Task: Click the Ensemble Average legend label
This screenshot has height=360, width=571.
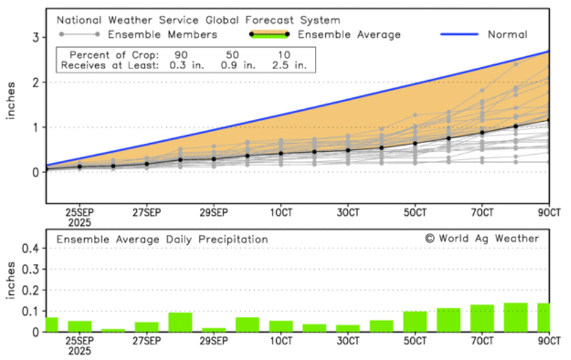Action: coord(349,34)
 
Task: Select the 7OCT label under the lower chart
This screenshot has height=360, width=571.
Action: coord(482,340)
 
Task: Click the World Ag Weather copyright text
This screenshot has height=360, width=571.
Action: coord(482,238)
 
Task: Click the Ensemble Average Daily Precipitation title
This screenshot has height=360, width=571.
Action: coord(162,240)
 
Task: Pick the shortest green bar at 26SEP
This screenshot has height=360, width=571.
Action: coord(113,330)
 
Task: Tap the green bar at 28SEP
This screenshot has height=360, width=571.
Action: coord(180,322)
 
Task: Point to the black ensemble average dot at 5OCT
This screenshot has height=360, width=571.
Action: coord(415,144)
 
